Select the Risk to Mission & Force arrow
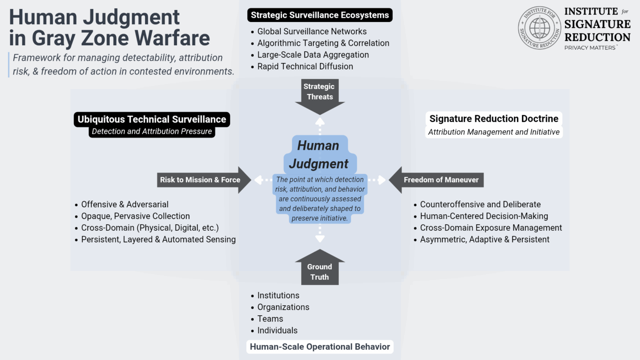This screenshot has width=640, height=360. point(200,180)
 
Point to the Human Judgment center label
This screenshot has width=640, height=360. point(319,154)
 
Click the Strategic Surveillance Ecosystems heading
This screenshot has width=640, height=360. point(320,15)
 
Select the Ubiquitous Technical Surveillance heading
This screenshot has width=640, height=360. point(152,120)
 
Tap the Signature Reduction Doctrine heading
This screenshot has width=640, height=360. point(494,119)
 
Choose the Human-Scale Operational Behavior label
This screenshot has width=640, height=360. point(320,347)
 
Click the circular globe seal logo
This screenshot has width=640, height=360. point(539,28)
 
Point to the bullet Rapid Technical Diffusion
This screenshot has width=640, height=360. point(305,67)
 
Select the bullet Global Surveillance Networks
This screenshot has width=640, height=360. point(312,32)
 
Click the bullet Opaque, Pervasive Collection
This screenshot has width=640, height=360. point(135,216)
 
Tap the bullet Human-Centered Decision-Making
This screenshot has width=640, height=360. point(484,216)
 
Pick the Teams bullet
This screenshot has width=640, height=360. point(270,319)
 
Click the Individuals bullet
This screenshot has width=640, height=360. point(277,330)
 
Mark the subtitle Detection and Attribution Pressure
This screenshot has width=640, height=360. point(152,132)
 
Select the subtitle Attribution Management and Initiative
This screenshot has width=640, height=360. point(494,132)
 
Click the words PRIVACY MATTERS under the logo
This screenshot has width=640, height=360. point(590,48)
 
